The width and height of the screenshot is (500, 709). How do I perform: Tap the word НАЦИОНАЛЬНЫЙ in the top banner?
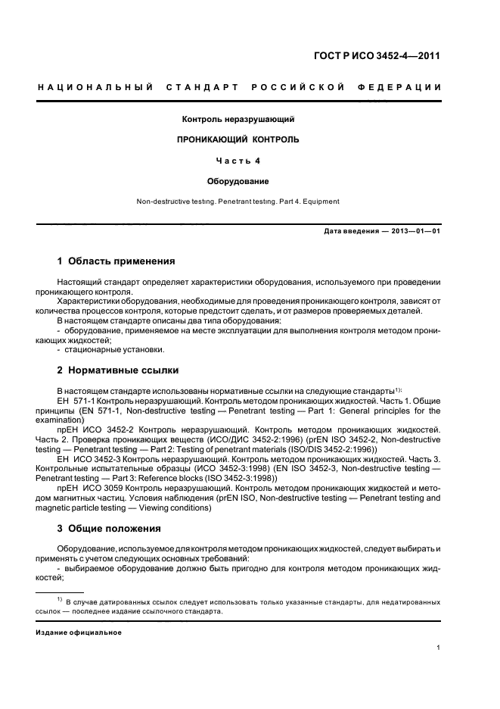point(96,88)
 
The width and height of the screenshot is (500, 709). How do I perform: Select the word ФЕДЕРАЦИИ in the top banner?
point(406,88)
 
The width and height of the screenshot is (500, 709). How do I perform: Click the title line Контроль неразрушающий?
point(238,120)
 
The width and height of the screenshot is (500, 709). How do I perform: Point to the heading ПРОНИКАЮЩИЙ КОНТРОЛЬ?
point(238,140)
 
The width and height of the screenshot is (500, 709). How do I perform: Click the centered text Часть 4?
point(238,161)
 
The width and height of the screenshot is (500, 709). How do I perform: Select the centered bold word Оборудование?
point(238,181)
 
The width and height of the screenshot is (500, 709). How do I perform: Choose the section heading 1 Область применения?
point(116,261)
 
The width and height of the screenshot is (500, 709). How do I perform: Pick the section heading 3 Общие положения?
point(109,528)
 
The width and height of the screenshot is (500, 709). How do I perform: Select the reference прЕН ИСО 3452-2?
point(93,429)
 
